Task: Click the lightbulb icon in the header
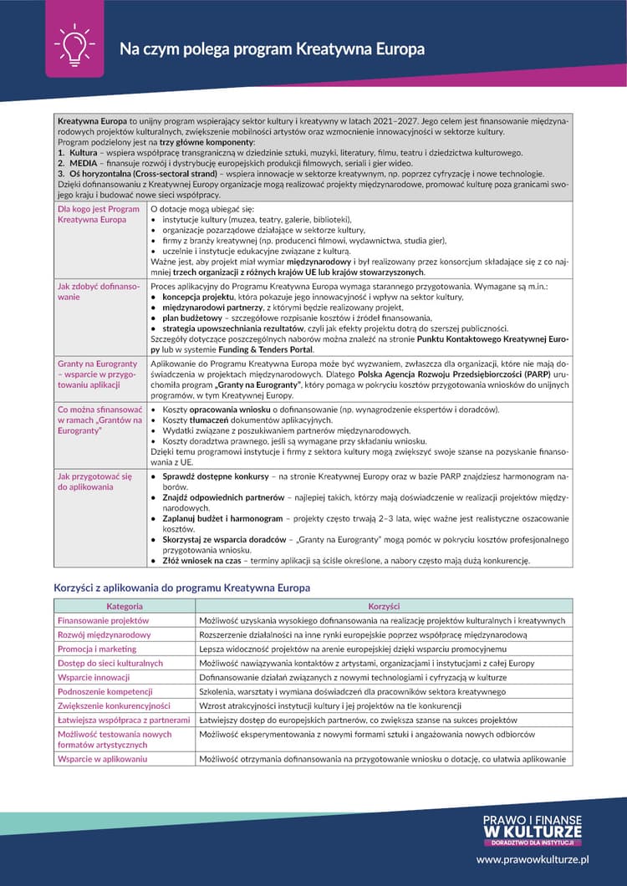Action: [x=74, y=46]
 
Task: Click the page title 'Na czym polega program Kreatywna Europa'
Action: [x=272, y=49]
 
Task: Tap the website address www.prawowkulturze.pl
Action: [x=533, y=858]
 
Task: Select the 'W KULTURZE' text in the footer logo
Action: [x=533, y=832]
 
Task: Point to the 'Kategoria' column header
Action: [x=125, y=606]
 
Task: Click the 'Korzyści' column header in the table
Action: [x=384, y=606]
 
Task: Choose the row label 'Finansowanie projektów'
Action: [x=103, y=621]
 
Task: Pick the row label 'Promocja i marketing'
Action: [x=97, y=649]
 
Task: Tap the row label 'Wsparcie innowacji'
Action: [x=94, y=677]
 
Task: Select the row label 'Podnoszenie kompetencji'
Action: [x=105, y=691]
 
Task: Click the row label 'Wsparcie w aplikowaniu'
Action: [x=102, y=759]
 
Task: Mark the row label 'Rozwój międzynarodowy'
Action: [x=104, y=635]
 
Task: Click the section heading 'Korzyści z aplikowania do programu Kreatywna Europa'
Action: [x=181, y=588]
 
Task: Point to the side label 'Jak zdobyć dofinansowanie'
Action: [x=99, y=291]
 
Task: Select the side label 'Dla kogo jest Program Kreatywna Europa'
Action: [x=99, y=214]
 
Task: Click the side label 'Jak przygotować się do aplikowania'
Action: [x=94, y=481]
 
